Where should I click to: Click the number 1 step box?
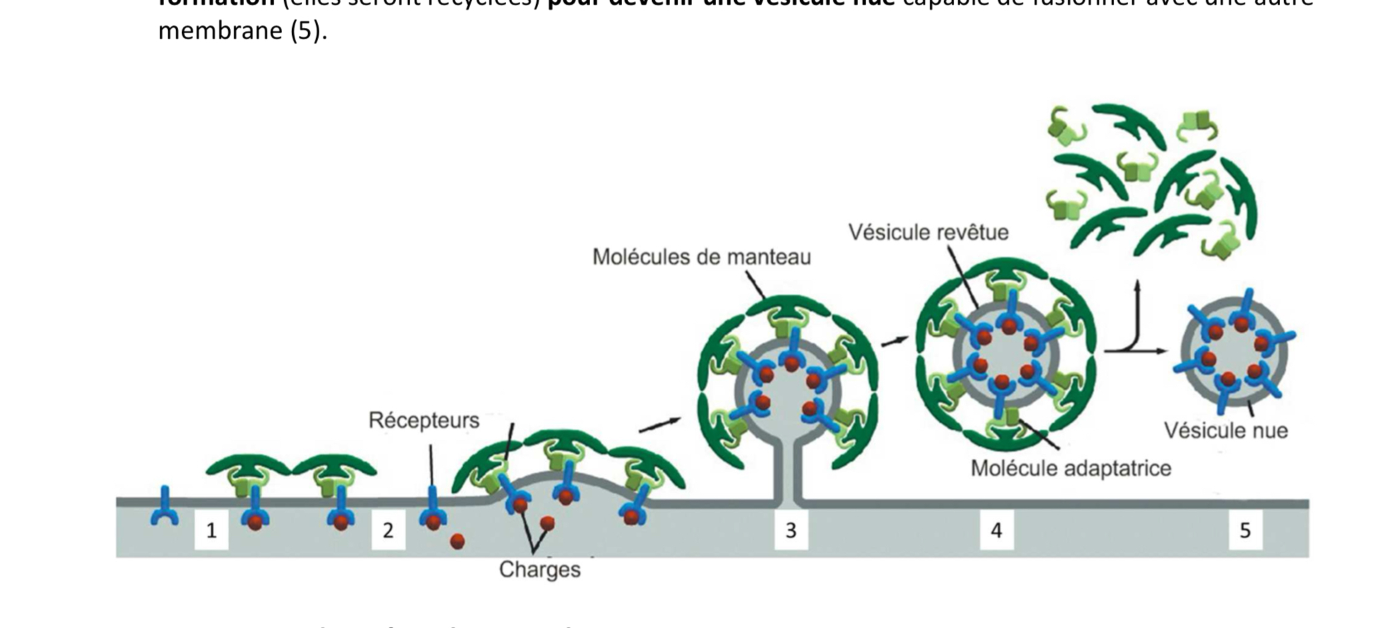pyautogui.click(x=211, y=531)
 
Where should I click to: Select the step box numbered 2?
pyautogui.click(x=388, y=531)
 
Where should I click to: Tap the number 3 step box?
pyautogui.click(x=791, y=531)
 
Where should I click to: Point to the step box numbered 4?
pyautogui.click(x=996, y=531)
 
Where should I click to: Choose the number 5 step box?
pyautogui.click(x=1245, y=531)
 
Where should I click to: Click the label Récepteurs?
pyautogui.click(x=424, y=421)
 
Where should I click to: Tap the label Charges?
pyautogui.click(x=539, y=570)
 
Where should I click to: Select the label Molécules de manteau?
pyautogui.click(x=701, y=257)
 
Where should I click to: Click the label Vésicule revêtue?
pyautogui.click(x=928, y=233)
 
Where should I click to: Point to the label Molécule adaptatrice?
pyautogui.click(x=1071, y=469)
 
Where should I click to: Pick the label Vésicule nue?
pyautogui.click(x=1225, y=431)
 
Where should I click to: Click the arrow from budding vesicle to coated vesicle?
pyautogui.click(x=895, y=341)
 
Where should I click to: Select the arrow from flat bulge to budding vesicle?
pyautogui.click(x=660, y=425)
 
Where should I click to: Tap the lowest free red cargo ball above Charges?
pyautogui.click(x=457, y=541)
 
